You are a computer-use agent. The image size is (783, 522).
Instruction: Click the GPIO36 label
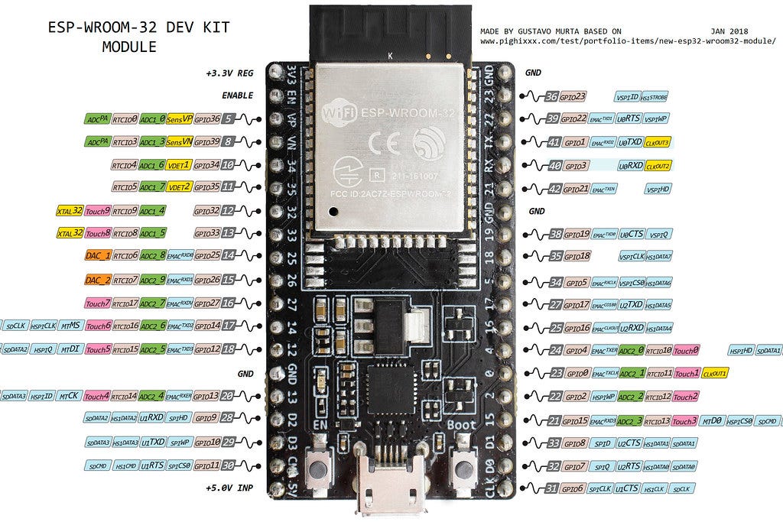coord(206,119)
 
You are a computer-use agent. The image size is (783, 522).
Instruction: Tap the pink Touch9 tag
coord(98,210)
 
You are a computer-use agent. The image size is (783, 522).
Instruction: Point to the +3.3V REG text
coord(229,73)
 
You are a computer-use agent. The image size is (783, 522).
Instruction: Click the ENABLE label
coord(237,96)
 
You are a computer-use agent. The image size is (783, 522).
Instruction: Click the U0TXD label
coord(629,142)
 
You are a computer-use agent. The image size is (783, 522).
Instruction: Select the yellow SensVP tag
coord(179,119)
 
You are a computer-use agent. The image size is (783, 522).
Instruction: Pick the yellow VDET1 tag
coord(179,164)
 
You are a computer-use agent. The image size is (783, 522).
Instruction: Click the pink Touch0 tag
coord(685,351)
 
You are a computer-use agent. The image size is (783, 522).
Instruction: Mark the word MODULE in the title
coord(129,47)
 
